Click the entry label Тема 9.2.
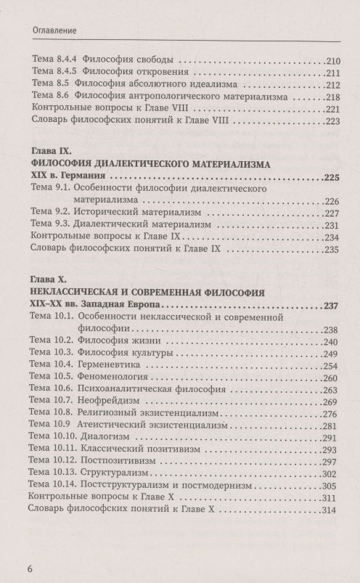coord(46,213)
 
